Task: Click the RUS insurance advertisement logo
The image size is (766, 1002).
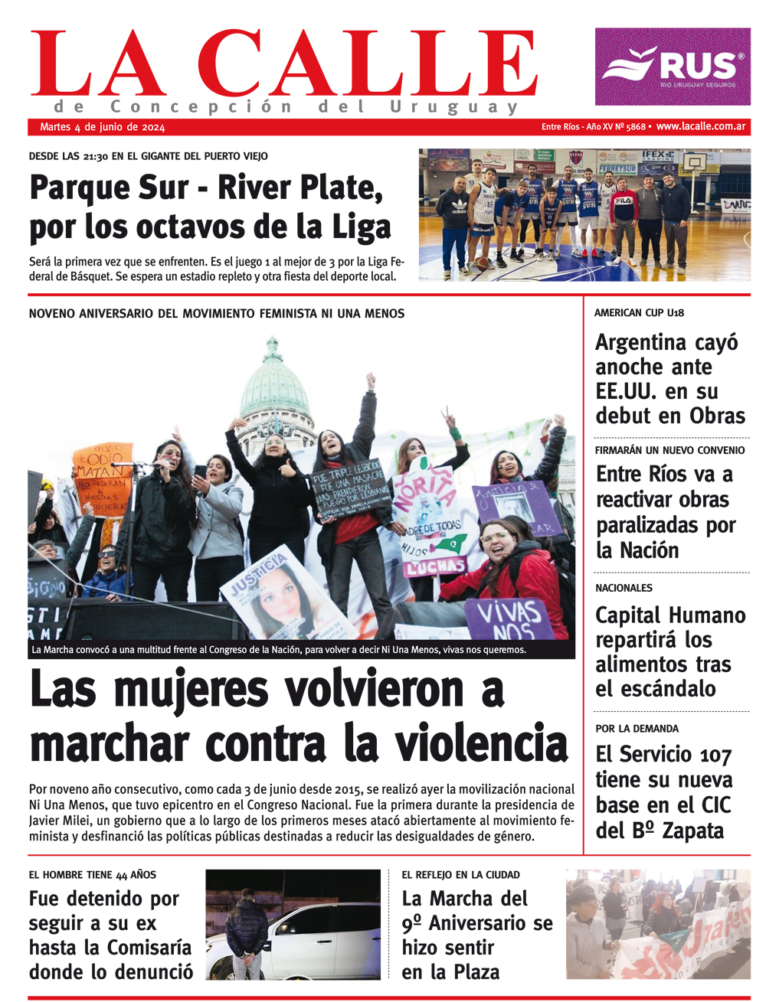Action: point(673,67)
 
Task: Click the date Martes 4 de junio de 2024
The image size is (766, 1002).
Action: point(102,127)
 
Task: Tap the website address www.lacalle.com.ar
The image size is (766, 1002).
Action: point(701,126)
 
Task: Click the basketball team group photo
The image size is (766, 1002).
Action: point(584,214)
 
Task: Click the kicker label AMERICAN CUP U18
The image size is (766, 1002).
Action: point(639,313)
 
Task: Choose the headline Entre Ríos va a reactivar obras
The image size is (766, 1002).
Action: point(665,511)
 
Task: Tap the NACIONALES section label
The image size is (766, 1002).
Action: point(624,588)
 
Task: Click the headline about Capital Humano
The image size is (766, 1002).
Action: point(669,651)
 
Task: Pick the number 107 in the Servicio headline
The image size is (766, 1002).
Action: point(715,756)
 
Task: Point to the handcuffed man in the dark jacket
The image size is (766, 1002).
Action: point(247,934)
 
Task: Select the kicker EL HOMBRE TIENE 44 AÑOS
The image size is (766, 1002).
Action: point(92,874)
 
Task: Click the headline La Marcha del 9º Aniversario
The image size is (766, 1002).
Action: point(476,935)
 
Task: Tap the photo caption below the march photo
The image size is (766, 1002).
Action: point(279,650)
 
